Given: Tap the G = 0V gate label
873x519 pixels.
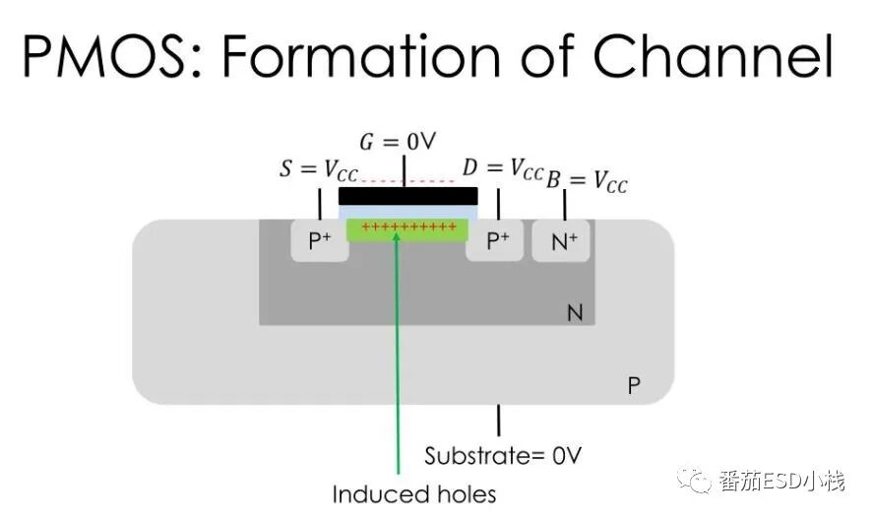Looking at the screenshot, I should coord(397,142).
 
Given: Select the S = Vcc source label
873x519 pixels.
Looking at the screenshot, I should coord(319,169).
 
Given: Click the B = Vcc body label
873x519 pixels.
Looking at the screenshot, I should coord(586,180).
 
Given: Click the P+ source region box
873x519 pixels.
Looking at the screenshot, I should coord(320,241).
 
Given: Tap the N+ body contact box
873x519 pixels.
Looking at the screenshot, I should coord(562,241).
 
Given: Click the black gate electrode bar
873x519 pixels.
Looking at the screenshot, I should coord(407,195).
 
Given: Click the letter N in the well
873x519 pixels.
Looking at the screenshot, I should coord(575,314).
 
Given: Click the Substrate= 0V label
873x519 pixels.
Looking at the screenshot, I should coord(503,456).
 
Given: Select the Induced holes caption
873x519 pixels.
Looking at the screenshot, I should coord(413,493).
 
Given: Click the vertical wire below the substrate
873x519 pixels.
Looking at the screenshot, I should coord(498,421).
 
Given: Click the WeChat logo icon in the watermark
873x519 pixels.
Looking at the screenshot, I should coord(699,481).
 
